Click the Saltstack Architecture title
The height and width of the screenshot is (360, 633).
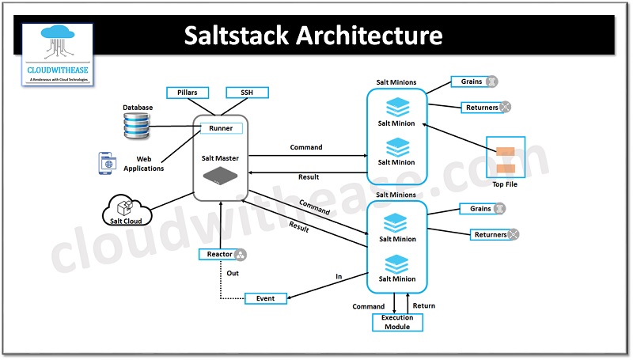tap(313, 36)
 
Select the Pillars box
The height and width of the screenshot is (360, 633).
tap(187, 93)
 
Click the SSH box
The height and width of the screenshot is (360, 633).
tap(247, 93)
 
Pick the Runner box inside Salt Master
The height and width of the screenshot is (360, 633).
tap(221, 128)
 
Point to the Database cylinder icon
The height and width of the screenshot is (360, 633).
tap(136, 126)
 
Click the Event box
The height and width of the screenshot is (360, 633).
tap(266, 298)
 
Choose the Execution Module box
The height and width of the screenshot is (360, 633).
tap(397, 322)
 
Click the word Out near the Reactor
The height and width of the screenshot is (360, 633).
tap(233, 273)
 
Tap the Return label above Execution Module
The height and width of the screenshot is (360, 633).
tap(423, 305)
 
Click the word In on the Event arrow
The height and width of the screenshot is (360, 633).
tap(339, 277)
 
